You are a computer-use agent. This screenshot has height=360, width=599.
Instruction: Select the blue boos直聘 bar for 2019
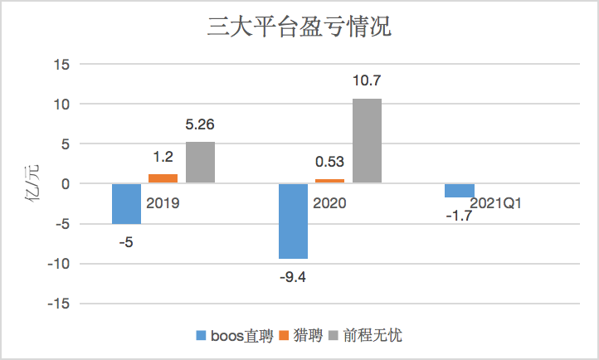[x=126, y=203]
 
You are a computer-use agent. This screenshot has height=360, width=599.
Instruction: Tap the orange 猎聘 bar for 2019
[x=163, y=178]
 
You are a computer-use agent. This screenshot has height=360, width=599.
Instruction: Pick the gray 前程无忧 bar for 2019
[x=200, y=163]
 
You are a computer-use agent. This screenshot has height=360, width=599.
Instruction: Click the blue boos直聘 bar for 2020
[x=293, y=221]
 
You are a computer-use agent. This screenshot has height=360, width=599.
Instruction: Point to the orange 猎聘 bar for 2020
[x=329, y=181]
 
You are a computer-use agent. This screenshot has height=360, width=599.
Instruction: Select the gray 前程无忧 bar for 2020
[x=367, y=141]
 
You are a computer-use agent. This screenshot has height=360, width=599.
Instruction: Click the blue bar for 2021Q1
[x=460, y=190]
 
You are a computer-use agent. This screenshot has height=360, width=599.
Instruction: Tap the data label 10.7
[x=367, y=83]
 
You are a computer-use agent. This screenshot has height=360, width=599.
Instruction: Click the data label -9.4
[x=293, y=275]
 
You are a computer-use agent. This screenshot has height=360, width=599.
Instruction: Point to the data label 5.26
[x=200, y=126]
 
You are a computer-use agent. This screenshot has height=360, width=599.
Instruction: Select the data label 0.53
[x=330, y=163]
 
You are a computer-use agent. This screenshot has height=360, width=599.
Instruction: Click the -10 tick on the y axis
[x=58, y=264]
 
